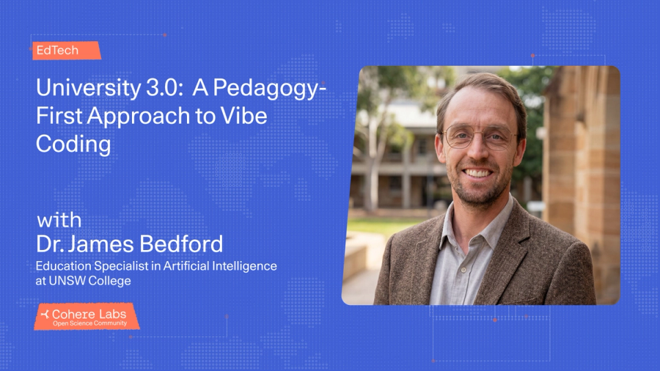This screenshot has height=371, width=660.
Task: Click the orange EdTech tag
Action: pyautogui.click(x=65, y=50)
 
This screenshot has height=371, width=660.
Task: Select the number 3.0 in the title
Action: pyautogui.click(x=159, y=88)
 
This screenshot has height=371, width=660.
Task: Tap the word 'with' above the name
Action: pyautogui.click(x=59, y=221)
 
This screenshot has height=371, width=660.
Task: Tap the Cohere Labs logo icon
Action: pyautogui.click(x=45, y=314)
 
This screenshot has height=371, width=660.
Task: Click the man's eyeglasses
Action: pyautogui.click(x=478, y=137)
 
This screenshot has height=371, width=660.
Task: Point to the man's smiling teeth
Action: pyautogui.click(x=478, y=173)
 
